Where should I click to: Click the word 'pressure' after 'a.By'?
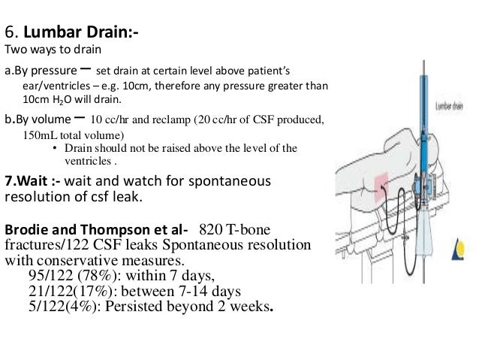[x=50, y=72]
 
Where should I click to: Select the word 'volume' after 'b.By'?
[x=50, y=120]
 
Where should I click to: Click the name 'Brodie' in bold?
[x=25, y=228]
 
